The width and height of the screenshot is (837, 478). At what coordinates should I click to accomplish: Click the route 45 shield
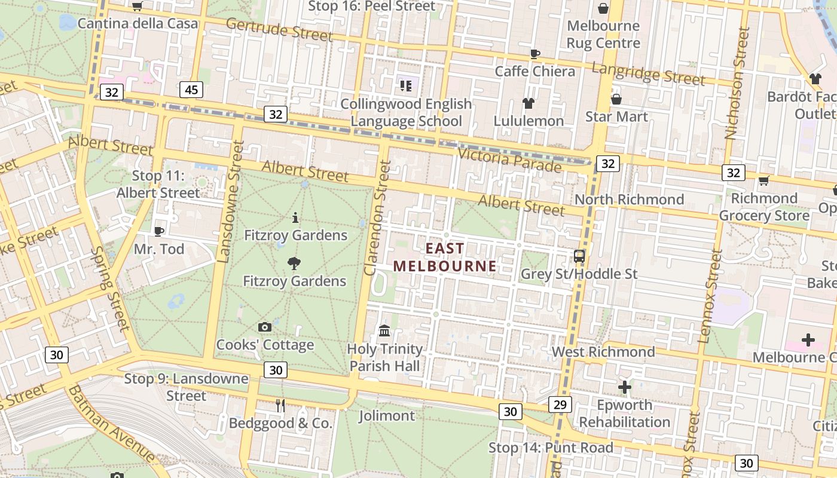coord(191,90)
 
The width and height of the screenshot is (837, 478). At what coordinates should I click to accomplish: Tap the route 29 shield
coord(560,405)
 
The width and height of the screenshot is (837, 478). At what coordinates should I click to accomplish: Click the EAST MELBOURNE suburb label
coord(445,257)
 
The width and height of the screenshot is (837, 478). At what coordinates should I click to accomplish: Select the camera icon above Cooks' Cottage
coord(264,327)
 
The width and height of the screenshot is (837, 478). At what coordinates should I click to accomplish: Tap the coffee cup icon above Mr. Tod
coord(159,231)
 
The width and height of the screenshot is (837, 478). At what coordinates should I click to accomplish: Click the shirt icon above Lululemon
coord(528,103)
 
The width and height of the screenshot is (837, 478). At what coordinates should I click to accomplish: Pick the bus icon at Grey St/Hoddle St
coord(579,256)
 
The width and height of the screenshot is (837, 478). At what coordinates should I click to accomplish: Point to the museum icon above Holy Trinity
coord(384,330)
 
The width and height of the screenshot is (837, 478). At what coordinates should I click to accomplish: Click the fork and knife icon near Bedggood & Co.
coord(280,406)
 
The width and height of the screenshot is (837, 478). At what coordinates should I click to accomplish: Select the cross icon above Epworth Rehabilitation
coord(624,387)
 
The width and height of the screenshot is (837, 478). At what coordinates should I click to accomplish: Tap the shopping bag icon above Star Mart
coord(616,99)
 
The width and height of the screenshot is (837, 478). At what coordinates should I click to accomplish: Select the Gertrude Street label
coord(279,29)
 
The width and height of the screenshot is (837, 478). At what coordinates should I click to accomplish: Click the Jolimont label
coord(386,416)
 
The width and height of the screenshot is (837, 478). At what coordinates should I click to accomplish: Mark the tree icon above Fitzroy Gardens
coord(294,263)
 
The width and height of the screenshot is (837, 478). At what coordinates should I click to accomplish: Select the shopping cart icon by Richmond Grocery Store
coord(763,180)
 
